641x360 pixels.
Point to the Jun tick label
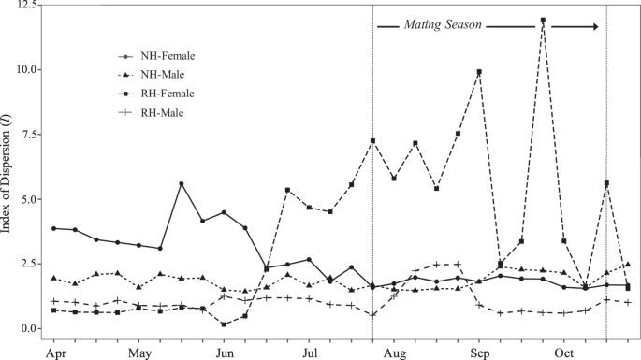225,353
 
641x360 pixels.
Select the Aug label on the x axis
394,353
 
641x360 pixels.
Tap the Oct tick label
564,353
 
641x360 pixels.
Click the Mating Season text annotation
443,27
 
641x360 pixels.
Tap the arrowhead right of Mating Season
594,26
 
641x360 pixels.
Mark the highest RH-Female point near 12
543,20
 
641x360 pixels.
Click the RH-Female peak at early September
479,71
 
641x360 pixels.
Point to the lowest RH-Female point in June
225,324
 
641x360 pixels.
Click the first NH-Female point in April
54,228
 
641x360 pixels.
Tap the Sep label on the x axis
479,353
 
